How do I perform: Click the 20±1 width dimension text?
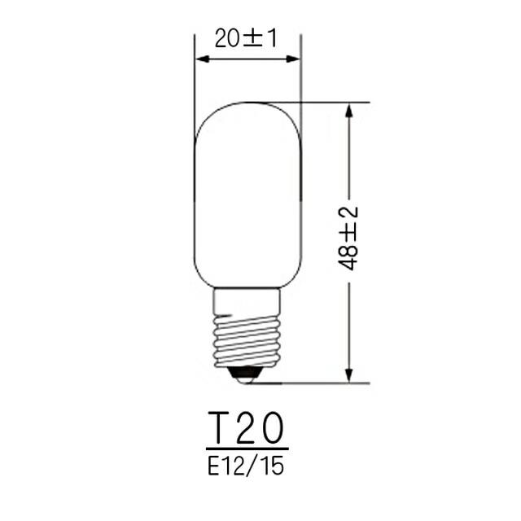point(247,37)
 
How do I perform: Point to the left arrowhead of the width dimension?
point(202,60)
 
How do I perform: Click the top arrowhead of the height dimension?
point(349,110)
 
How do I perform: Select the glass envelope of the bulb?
point(247,195)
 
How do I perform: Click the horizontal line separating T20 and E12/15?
point(247,449)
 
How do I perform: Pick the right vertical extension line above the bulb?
point(301,81)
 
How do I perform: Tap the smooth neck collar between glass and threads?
point(247,303)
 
